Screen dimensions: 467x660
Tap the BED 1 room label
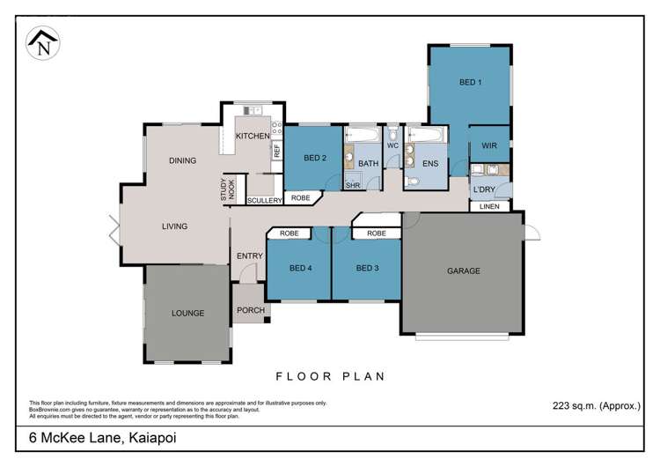[470, 83]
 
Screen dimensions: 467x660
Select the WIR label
[490, 146]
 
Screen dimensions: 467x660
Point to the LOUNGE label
[188, 313]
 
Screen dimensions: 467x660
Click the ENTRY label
[250, 256]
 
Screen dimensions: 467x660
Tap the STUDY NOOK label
[228, 189]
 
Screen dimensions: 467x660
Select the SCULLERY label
[264, 201]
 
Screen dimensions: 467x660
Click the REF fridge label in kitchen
[276, 150]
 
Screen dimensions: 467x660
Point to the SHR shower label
[352, 185]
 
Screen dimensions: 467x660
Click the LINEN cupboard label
[490, 206]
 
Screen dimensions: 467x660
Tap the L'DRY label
[484, 189]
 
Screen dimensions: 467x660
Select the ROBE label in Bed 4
[290, 233]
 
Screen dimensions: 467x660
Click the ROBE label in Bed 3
[377, 233]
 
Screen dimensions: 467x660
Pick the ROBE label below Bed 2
[300, 197]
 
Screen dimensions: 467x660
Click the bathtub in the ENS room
[427, 136]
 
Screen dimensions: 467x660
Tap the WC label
[393, 145]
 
